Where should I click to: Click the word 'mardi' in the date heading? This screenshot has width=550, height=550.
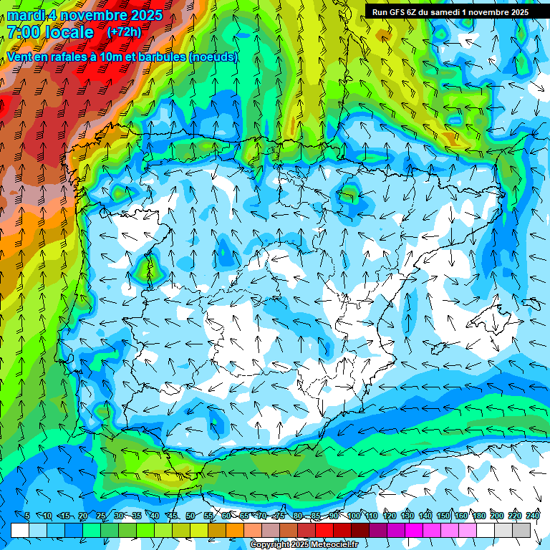[23, 15]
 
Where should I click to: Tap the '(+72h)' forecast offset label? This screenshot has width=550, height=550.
[124, 32]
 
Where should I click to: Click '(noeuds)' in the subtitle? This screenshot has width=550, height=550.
[213, 57]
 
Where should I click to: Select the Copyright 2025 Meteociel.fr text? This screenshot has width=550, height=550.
[304, 545]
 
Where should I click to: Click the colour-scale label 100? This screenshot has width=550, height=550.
[354, 516]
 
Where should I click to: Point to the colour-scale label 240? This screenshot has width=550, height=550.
[533, 516]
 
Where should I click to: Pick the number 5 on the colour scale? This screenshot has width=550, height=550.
[27, 516]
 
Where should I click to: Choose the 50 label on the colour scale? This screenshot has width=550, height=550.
[190, 516]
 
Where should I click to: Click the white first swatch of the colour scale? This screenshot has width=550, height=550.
[20, 530]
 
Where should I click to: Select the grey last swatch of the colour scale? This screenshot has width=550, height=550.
[522, 530]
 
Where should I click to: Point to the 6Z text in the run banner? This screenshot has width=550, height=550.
[418, 11]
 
